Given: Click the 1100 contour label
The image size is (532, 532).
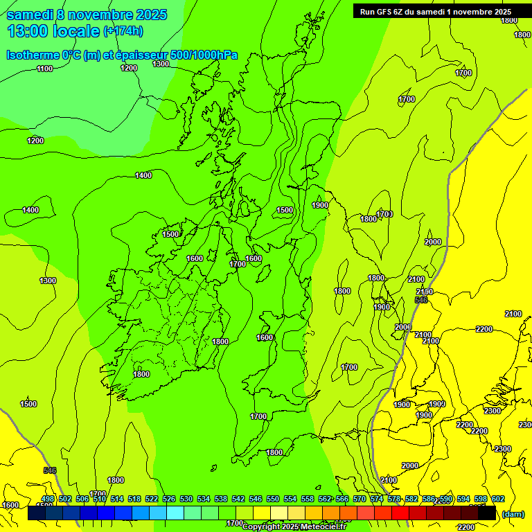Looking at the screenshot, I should click(44, 69).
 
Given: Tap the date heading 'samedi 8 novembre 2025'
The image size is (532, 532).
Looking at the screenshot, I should click(87, 15).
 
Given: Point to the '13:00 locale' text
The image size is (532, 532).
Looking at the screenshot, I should click(53, 31).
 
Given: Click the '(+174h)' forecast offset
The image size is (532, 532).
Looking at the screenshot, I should click(123, 31).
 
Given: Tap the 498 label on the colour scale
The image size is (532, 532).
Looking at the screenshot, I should click(48, 499).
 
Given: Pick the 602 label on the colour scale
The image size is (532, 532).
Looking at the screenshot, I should click(498, 499).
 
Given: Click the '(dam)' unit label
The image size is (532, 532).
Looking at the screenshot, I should click(513, 513).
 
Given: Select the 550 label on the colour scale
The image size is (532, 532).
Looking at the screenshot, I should click(273, 499).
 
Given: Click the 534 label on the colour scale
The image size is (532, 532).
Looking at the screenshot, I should click(204, 499).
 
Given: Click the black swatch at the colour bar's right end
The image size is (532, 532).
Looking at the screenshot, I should click(487, 513).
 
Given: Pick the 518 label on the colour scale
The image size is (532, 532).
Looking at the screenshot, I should click(134, 499).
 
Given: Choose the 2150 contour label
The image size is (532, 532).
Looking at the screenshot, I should click(425, 292).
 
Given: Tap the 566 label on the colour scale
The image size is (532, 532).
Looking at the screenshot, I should click(342, 499).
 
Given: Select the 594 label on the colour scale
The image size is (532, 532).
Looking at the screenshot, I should click(463, 499).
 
